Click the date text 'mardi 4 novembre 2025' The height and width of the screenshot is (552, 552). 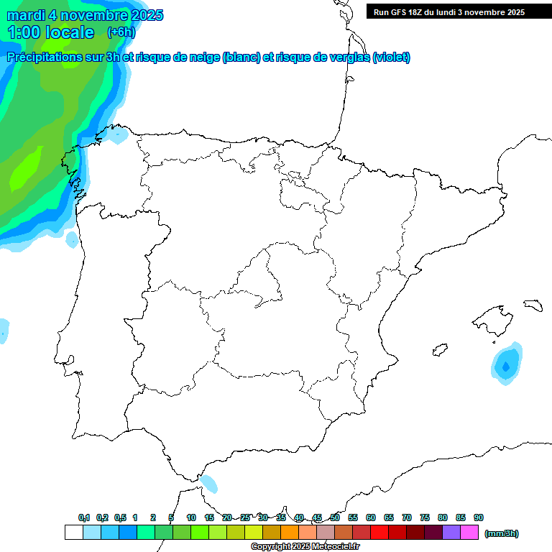85,15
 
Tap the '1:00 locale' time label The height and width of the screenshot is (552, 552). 50,32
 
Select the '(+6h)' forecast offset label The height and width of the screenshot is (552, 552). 121,32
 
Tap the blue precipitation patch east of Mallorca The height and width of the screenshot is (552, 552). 506,365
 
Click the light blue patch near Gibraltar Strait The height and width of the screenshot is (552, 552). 209,483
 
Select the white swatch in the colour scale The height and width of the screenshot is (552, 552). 73,533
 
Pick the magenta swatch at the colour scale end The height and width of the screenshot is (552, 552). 469,533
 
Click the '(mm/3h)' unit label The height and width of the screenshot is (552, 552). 502,533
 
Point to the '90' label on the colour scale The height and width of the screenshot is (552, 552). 479,517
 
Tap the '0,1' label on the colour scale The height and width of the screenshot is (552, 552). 84,517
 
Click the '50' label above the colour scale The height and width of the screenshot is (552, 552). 335,517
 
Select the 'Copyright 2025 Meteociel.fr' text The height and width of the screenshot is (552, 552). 305,547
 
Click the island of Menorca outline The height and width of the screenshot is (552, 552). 533,305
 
